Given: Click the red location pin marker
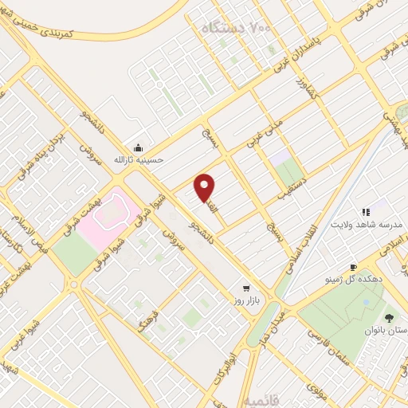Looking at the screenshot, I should pos(206,187).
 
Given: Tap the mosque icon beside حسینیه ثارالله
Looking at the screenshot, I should pos(139,147).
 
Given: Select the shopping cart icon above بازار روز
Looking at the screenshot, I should pos(246,287).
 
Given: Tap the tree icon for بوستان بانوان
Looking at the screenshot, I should pos(390,318).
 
